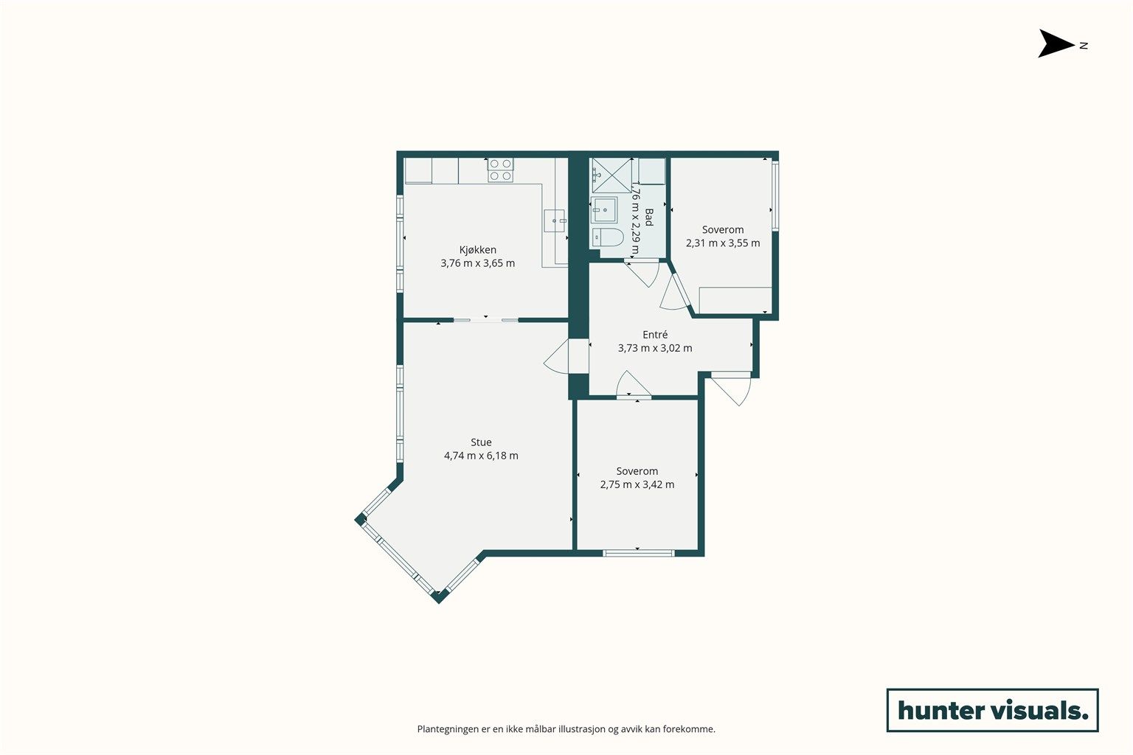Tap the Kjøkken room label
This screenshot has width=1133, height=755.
[x=477, y=250]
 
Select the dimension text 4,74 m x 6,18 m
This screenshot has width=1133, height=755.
[x=481, y=456]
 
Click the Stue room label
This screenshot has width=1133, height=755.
[x=481, y=442]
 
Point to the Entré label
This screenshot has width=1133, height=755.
[x=655, y=335]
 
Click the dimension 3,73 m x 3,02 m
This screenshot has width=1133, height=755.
[x=655, y=348]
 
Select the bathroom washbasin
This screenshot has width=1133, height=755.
[x=604, y=210]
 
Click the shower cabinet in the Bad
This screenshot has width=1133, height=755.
[x=612, y=175]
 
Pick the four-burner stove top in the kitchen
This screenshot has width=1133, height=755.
[x=500, y=170]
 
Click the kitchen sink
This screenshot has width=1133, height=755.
[x=555, y=221]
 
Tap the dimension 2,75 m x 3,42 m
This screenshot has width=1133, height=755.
[x=637, y=484]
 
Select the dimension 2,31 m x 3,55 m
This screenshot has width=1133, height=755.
[x=723, y=243]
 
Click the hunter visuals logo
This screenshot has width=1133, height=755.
[x=992, y=710]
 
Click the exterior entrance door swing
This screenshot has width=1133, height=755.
[x=733, y=389]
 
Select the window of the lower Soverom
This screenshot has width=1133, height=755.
[x=638, y=553]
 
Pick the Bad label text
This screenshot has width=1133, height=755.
[x=649, y=218]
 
